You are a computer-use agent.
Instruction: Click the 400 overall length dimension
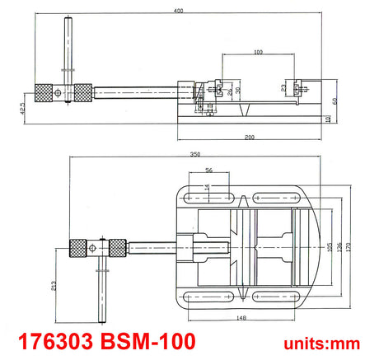point(178,11)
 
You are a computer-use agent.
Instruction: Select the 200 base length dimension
point(250,137)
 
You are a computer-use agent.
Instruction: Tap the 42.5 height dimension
point(22,108)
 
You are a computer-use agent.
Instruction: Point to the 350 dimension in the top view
point(195,154)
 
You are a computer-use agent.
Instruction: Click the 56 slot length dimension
point(209,170)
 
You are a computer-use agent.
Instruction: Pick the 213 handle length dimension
point(54,286)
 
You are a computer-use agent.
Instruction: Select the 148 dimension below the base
point(241,318)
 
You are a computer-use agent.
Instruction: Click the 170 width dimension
point(349,247)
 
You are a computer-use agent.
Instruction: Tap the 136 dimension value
point(339,247)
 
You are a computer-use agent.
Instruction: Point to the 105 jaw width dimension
point(330,247)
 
